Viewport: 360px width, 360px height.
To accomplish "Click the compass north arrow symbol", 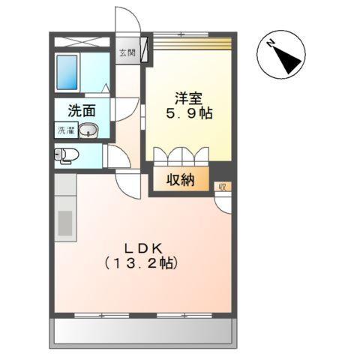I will (x=283, y=55).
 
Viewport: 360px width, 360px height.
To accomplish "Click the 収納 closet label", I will (x=176, y=180).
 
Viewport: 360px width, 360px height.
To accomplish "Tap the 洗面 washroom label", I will (x=82, y=111).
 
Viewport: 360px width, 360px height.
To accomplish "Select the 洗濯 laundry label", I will (x=64, y=131).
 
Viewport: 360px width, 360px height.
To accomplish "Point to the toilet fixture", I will (x=66, y=156).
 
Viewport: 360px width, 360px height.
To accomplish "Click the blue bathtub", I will (x=68, y=72).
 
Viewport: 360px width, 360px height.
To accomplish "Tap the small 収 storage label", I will (x=221, y=186).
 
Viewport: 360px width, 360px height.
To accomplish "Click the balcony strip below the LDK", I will (x=142, y=331).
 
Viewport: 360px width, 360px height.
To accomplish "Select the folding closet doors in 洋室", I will (x=181, y=155).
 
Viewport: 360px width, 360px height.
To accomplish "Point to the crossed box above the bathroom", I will (x=82, y=41).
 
